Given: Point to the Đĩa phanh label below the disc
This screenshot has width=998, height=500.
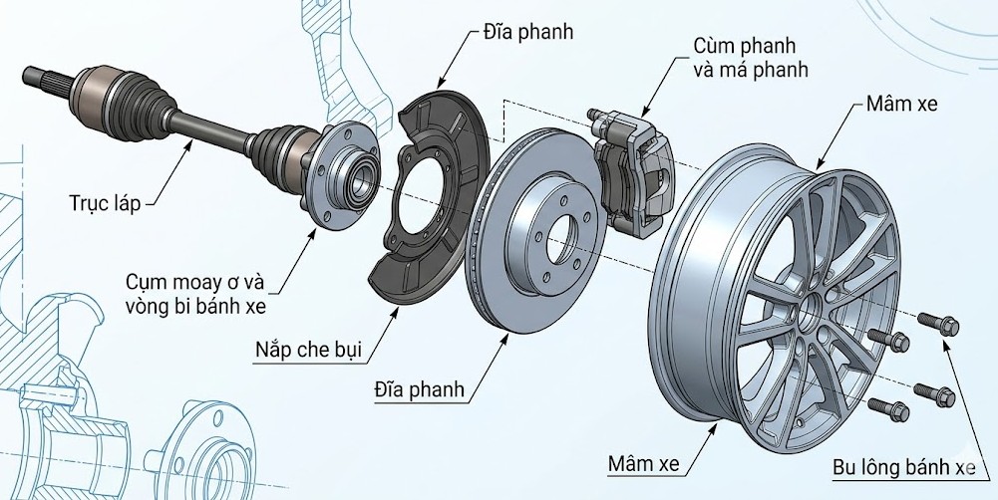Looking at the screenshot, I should point(419,388).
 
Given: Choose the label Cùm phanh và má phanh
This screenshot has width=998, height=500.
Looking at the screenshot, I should point(749,58).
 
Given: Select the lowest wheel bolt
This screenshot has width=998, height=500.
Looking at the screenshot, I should point(883,405).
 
